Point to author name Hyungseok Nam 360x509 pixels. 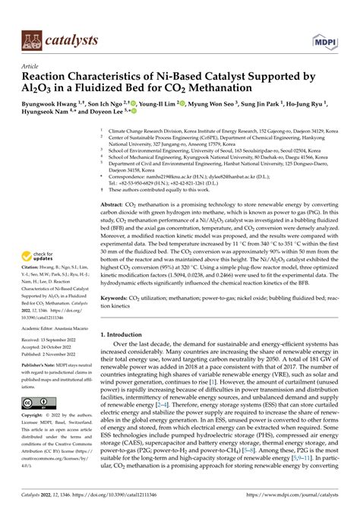click(x=49, y=115)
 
